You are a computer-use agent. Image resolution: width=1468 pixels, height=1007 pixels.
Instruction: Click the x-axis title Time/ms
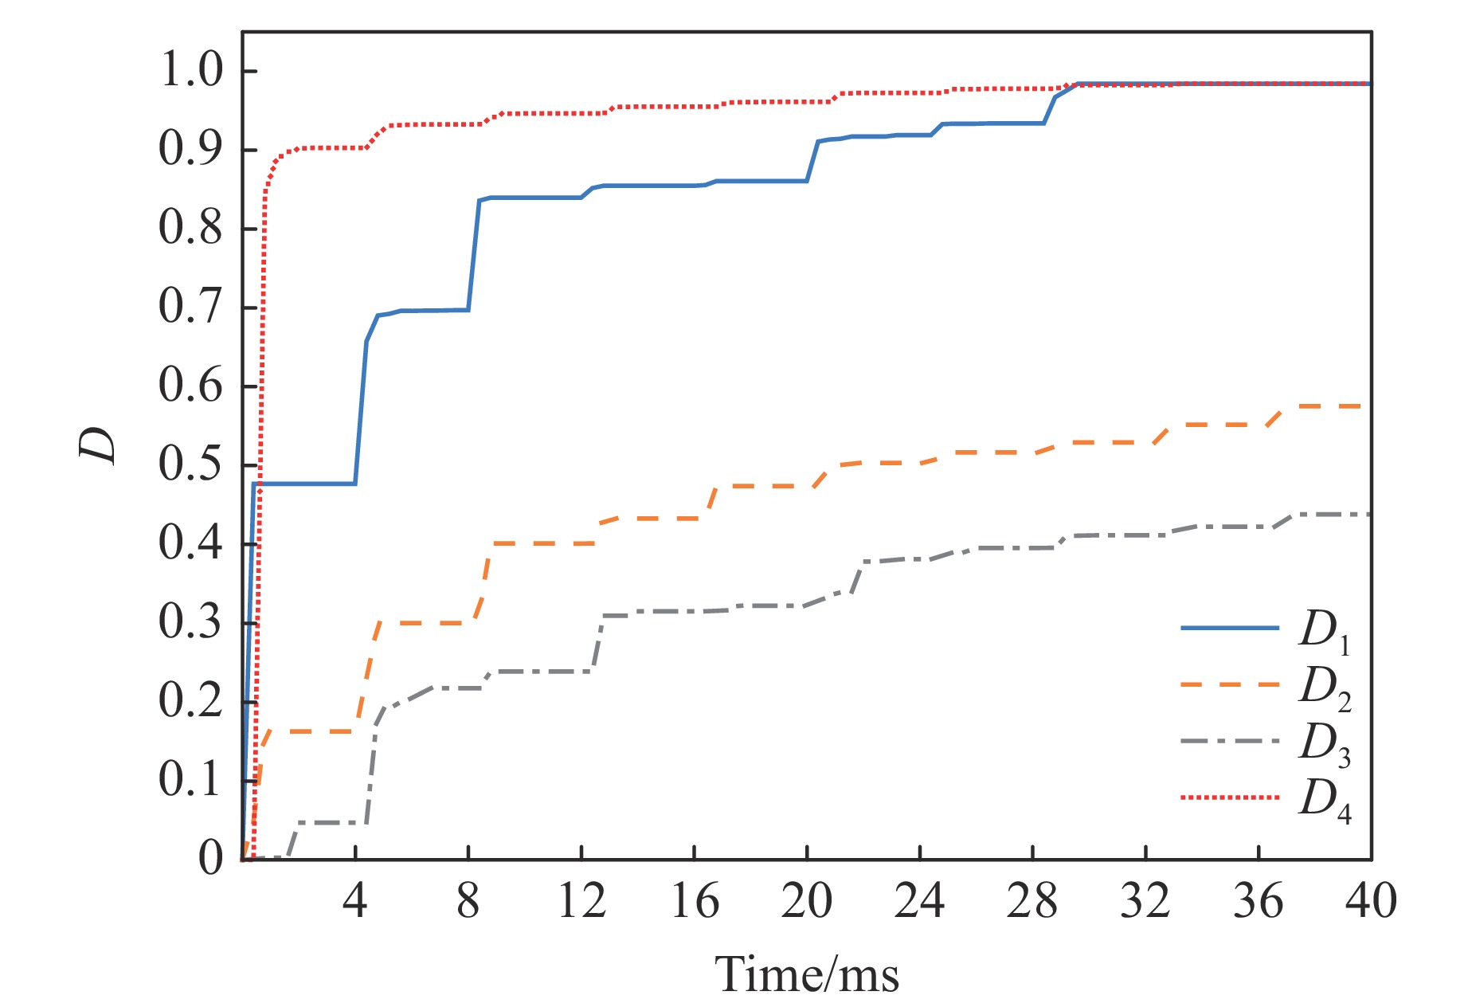[x=806, y=974]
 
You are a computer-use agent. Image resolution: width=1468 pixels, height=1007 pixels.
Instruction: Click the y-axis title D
[x=98, y=445]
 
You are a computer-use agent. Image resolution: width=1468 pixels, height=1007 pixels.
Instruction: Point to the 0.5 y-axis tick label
[x=191, y=464]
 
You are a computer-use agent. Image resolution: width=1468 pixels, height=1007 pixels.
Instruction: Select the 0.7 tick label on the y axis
[x=191, y=307]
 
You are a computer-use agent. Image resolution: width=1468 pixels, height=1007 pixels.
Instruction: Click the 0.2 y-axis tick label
[x=191, y=701]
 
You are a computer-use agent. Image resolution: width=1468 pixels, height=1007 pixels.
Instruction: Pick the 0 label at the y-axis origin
[x=211, y=859]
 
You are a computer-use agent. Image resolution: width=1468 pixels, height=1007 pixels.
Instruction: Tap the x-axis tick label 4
[x=354, y=902]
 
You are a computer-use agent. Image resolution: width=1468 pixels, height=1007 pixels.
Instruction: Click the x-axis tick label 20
[x=806, y=902]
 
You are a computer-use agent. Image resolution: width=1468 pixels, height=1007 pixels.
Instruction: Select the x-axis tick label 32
[x=1145, y=902]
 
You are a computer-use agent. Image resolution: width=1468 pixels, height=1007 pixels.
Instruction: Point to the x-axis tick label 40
[x=1370, y=902]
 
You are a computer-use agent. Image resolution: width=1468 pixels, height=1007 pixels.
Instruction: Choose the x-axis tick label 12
[x=581, y=902]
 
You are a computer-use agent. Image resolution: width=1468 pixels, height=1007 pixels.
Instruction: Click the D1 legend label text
[x=1325, y=631]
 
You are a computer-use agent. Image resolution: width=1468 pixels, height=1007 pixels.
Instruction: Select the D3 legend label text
[x=1325, y=744]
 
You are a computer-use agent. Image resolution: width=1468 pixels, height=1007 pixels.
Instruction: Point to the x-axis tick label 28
[x=1032, y=902]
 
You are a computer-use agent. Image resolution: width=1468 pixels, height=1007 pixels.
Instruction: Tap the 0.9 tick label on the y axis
[x=191, y=149]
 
